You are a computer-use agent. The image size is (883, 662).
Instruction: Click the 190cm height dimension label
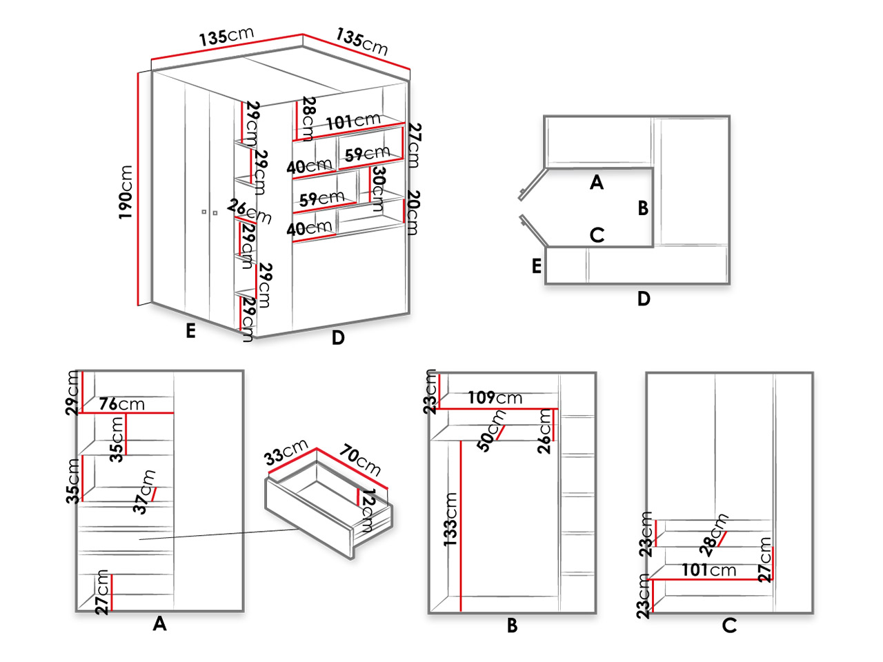(x=126, y=192)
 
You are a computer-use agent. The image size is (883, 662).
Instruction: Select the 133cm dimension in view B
(x=450, y=519)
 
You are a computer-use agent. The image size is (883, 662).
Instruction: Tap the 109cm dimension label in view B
(x=495, y=397)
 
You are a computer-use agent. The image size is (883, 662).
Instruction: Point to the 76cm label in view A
(x=122, y=403)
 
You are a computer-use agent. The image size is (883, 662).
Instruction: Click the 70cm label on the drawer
(x=359, y=460)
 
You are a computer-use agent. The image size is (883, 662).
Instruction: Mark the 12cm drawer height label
(x=366, y=510)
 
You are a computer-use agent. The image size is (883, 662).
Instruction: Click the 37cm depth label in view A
(x=144, y=492)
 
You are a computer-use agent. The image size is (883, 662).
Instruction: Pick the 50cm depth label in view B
(x=490, y=430)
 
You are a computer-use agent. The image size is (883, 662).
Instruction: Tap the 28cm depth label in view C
(x=714, y=534)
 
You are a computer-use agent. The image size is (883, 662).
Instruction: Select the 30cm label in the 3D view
(x=378, y=189)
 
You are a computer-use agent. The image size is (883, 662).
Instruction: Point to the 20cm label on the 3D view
(x=413, y=212)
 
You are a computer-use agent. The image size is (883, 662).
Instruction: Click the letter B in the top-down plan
(x=643, y=208)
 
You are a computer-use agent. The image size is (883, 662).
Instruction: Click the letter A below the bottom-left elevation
(x=160, y=624)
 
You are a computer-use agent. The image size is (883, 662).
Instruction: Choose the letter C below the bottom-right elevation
(x=729, y=626)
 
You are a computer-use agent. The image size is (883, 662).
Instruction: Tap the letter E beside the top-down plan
(x=537, y=266)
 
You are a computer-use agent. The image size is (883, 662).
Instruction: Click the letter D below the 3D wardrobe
(x=338, y=338)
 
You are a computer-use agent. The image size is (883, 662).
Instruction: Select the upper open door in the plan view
(x=533, y=185)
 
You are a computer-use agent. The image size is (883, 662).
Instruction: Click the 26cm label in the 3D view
(x=249, y=212)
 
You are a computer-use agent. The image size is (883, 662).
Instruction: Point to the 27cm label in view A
(x=102, y=592)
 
